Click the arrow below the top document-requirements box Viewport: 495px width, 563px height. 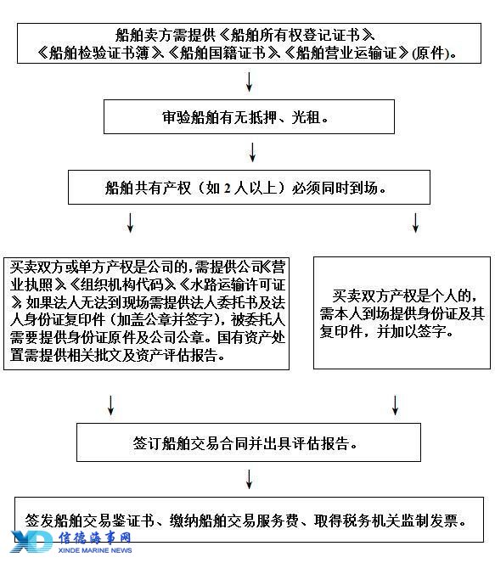click(249, 82)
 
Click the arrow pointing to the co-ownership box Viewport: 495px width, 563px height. click(252, 152)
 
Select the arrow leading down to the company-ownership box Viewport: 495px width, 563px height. click(130, 222)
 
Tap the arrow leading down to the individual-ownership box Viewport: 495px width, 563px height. click(415, 222)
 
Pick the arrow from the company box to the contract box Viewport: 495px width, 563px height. click(111, 405)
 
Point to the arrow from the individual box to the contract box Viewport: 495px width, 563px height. click(395, 405)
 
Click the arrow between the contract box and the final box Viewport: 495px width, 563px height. click(249, 479)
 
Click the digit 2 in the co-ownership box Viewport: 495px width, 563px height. click(228, 188)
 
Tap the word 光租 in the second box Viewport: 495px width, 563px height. click(306, 117)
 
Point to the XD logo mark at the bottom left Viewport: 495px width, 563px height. click(31, 542)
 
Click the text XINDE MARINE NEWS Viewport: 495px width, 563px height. click(95, 550)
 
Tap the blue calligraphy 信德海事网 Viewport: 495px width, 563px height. click(95, 538)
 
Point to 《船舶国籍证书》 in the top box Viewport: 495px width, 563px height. click(223, 53)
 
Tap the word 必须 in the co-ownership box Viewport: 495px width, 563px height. click(306, 188)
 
